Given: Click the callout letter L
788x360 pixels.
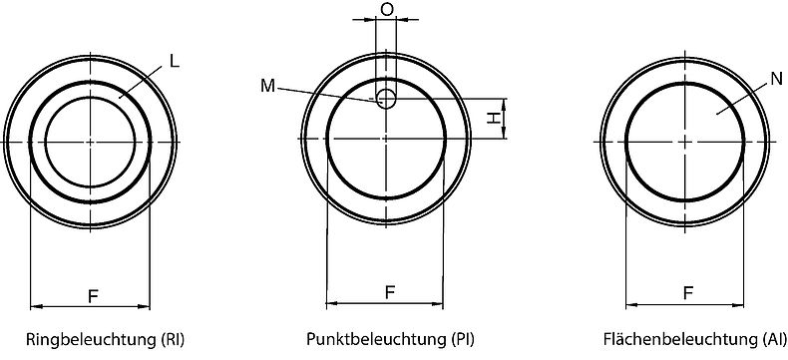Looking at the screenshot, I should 174,61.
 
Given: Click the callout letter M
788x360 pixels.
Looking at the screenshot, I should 267,86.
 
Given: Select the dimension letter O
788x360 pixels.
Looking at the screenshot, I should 387,9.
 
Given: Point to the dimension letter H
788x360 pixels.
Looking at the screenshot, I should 493,118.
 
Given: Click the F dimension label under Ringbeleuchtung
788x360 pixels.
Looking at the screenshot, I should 93,295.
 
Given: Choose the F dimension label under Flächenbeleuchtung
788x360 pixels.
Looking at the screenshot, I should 688,293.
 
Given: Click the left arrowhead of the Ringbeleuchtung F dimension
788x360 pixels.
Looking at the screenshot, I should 36,305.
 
